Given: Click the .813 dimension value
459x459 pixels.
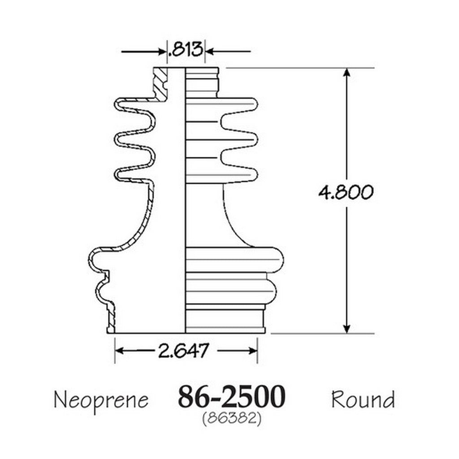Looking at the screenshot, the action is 185,49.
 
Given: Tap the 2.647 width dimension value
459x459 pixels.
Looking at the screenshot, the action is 184,351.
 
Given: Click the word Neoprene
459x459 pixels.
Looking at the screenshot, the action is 101,400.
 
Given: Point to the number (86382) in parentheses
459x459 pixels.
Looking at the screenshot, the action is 232,419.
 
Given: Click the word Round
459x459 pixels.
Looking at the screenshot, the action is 363,399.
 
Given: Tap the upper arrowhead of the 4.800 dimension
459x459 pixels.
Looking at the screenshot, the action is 346,73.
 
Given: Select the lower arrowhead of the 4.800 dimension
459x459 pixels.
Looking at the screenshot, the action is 346,329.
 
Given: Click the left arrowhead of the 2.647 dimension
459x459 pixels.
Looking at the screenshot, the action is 119,351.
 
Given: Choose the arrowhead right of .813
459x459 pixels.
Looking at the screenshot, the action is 210,52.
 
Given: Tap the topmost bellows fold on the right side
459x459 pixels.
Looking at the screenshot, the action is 237,105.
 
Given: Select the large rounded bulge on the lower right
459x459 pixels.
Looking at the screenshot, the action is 234,260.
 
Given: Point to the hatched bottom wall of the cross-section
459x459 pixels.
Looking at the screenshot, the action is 111,318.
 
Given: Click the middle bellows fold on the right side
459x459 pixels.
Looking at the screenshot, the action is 237,140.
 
